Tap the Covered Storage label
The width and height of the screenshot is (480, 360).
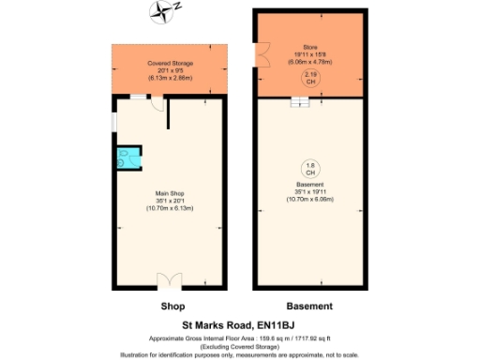point(169,63)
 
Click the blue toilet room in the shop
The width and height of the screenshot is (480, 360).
point(124,158)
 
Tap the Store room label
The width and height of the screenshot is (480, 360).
point(310,46)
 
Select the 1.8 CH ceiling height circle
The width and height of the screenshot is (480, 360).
point(310,169)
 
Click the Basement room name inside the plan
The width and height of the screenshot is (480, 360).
point(310,185)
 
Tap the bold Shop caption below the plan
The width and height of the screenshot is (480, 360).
point(172,307)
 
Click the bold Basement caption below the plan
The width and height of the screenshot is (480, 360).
point(309,307)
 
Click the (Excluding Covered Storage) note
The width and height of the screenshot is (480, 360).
point(240,345)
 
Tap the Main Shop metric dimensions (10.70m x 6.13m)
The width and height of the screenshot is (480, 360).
point(169,208)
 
